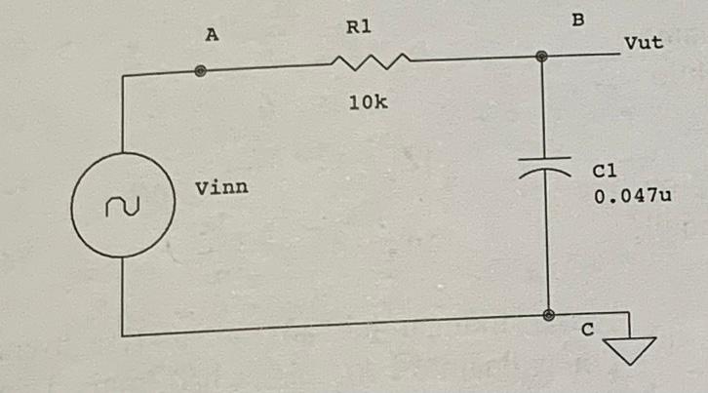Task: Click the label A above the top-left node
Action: pos(212,34)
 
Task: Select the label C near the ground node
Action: pos(587,332)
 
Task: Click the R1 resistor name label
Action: pos(359,28)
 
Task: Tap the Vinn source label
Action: pos(221,186)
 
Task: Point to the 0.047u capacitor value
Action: pos(633,195)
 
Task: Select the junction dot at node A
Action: pos(200,71)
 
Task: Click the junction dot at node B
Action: pos(542,58)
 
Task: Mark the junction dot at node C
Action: pos(549,316)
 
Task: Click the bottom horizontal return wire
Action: pos(332,327)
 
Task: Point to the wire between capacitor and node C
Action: pos(546,244)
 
